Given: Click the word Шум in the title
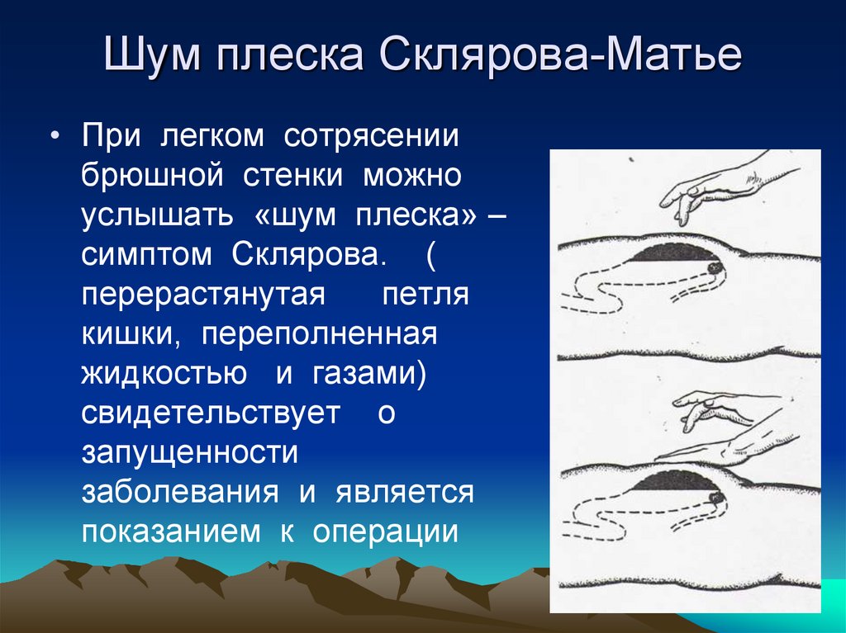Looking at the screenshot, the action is (x=153, y=54).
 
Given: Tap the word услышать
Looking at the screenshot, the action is (x=158, y=215).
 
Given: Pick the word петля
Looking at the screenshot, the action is (x=425, y=295).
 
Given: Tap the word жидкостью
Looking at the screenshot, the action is (x=164, y=374).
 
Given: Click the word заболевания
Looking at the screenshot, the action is (x=180, y=493).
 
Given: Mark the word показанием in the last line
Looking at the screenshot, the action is (x=170, y=532).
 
